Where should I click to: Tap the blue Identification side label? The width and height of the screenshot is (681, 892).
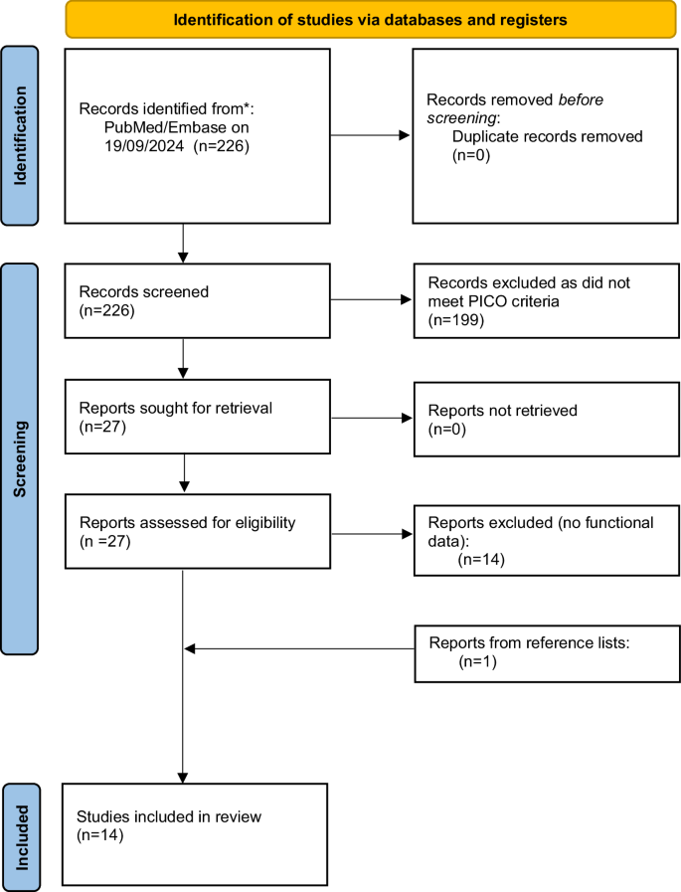pos(22,136)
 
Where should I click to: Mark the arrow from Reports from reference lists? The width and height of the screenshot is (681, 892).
pos(299,649)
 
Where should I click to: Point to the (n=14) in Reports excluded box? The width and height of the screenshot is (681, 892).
pos(482,559)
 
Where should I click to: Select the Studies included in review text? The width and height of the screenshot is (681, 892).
pos(168,817)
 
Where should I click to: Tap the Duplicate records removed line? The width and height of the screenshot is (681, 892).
pos(547,136)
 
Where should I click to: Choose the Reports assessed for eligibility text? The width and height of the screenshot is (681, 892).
pos(173,524)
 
